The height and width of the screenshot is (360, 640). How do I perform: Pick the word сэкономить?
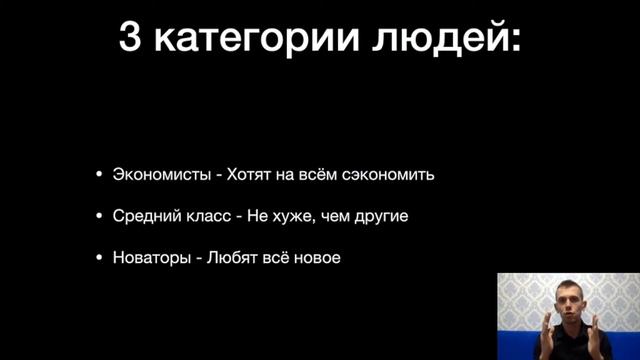(x=392, y=174)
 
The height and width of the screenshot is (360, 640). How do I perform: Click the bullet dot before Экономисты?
(x=98, y=175)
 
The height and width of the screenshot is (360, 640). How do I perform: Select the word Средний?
(x=144, y=216)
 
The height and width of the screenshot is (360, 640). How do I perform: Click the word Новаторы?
(x=151, y=258)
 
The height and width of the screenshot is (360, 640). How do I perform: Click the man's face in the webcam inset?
(x=571, y=299)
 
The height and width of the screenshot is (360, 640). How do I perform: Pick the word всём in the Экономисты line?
(x=321, y=174)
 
